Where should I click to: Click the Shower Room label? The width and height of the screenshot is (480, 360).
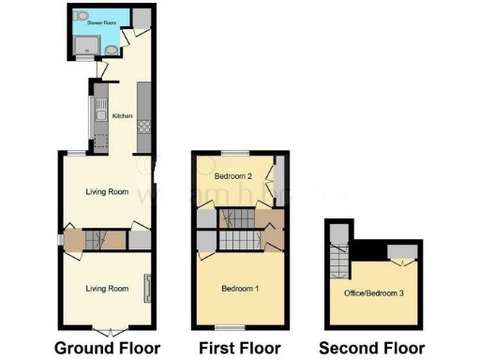pyautogui.click(x=89, y=20)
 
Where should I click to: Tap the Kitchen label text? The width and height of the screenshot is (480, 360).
pyautogui.click(x=123, y=115)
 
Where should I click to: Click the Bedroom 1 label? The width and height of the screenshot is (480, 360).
pyautogui.click(x=239, y=288)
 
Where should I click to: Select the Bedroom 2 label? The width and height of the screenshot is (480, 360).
pyautogui.click(x=233, y=176)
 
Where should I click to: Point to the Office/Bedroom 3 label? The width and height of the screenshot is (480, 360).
pyautogui.click(x=376, y=293)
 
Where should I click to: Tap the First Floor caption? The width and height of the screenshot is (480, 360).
pyautogui.click(x=241, y=349)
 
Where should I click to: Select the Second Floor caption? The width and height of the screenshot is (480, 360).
pyautogui.click(x=371, y=349)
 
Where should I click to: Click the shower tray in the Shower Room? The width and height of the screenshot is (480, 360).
pyautogui.click(x=89, y=44)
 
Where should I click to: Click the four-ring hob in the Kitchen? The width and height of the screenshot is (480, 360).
pyautogui.click(x=146, y=127)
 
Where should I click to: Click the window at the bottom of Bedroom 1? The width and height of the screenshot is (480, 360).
pyautogui.click(x=225, y=326)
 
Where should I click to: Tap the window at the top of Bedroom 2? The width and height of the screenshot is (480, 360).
pyautogui.click(x=234, y=153)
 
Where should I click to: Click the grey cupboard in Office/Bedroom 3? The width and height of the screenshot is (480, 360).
pyautogui.click(x=403, y=248)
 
